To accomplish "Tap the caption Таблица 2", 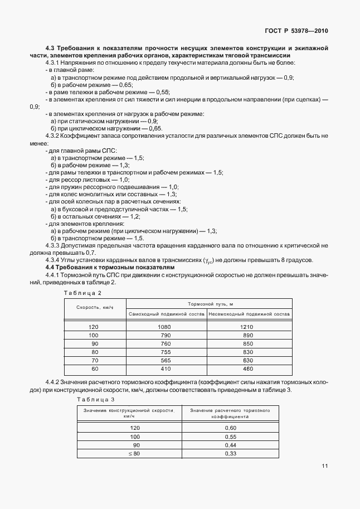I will tap(82, 293).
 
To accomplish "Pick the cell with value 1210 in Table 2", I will tap(248, 326).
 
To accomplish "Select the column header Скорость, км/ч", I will tap(95, 308).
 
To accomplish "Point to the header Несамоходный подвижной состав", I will tap(249, 314).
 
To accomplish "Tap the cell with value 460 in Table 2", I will tap(248, 369).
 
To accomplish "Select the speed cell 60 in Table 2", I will tap(94, 369).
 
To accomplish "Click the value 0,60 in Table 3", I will tap(230, 428).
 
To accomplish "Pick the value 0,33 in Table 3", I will tap(230, 454).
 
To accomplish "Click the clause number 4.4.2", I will tap(54, 382).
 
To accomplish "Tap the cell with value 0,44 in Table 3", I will tap(230, 445).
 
